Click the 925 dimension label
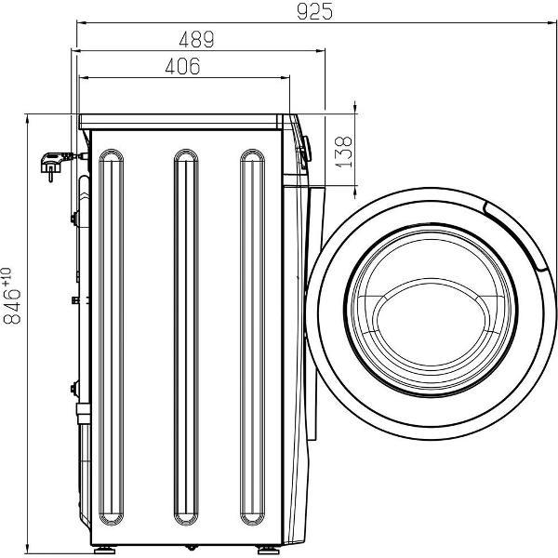314,11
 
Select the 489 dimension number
196,39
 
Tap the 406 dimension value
183,66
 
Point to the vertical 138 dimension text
344,152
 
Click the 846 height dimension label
12,306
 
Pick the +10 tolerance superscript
7,277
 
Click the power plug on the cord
53,166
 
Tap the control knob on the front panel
306,149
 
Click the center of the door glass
431,310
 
